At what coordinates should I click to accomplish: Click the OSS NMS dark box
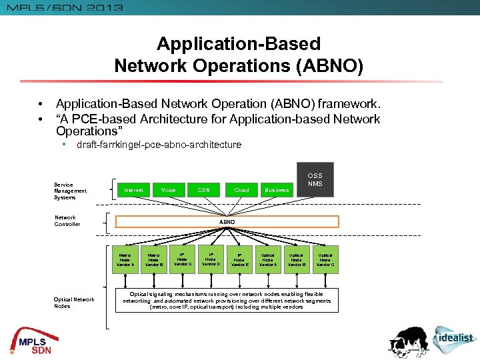[x=315, y=180]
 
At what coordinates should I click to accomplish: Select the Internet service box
[x=133, y=190]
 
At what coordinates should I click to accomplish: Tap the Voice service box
[x=169, y=190]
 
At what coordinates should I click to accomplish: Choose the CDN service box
[x=204, y=190]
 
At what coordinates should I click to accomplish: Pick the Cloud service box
[x=241, y=190]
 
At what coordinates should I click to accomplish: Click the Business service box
[x=277, y=190]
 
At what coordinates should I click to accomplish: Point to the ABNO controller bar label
[x=227, y=221]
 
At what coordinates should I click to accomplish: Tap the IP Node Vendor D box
[x=211, y=260]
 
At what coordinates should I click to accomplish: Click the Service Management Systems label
[x=70, y=191]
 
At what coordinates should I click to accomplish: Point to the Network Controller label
[x=67, y=221]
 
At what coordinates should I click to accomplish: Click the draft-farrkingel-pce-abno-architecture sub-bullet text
[x=159, y=145]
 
